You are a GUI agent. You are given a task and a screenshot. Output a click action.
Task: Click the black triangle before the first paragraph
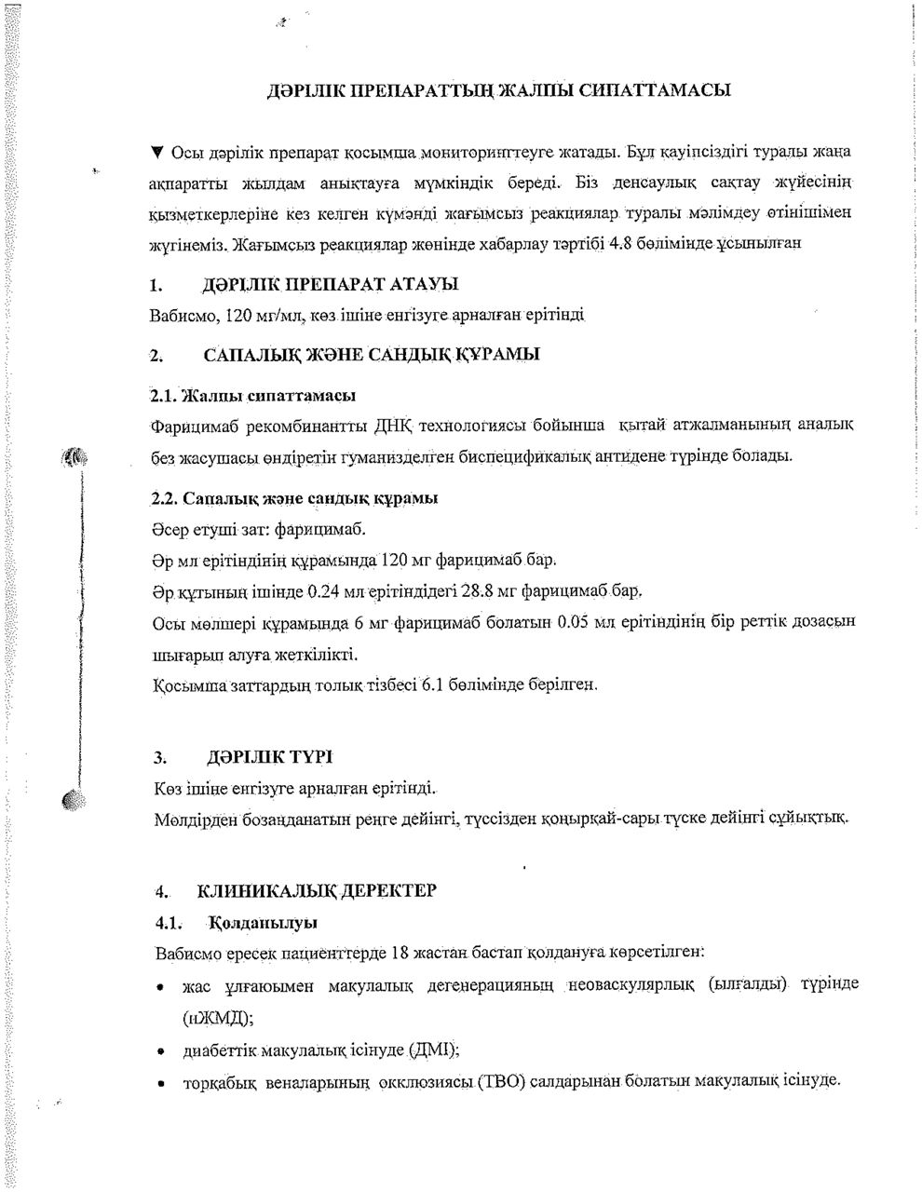click(x=156, y=151)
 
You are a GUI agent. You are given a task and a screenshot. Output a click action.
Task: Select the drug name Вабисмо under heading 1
click(x=183, y=315)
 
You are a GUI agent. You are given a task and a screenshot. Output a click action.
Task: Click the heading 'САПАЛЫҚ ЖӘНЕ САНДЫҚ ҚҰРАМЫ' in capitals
click(x=371, y=355)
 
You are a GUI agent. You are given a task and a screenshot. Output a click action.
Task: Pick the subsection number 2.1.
click(x=164, y=396)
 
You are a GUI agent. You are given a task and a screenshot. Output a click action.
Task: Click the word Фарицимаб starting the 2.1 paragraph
click(x=193, y=427)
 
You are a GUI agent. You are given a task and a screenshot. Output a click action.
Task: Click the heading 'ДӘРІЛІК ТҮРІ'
click(x=264, y=755)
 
